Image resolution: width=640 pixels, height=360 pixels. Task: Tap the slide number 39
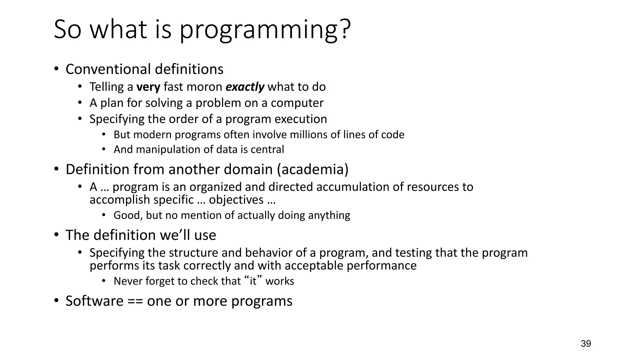(586, 344)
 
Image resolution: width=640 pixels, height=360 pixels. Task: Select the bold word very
(148, 87)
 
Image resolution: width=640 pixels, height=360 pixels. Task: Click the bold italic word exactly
(245, 87)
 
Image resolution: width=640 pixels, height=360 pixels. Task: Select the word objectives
(236, 200)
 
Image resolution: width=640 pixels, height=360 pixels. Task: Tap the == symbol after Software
(135, 301)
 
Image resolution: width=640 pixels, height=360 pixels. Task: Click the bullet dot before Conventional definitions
(56, 69)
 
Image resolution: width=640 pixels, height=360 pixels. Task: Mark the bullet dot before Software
(56, 301)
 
